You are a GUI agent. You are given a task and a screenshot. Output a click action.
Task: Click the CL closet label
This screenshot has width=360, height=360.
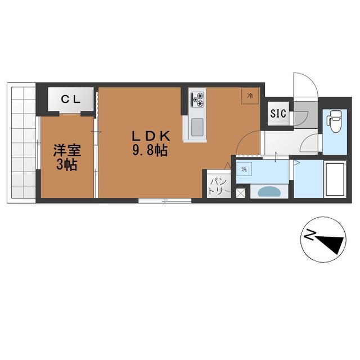[70, 100]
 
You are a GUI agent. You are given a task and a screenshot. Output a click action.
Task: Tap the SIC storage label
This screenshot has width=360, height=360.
[278, 114]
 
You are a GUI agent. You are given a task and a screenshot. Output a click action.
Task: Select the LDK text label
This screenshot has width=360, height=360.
[151, 136]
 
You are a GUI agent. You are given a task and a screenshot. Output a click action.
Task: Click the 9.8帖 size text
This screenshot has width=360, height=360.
[150, 150]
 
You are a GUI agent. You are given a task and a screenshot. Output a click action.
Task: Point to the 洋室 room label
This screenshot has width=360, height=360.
[67, 150]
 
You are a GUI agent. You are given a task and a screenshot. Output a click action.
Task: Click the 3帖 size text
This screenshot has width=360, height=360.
[66, 164]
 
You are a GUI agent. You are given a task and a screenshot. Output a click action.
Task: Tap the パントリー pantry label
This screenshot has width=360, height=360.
[219, 186]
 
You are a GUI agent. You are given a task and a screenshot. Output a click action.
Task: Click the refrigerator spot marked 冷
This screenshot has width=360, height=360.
[250, 96]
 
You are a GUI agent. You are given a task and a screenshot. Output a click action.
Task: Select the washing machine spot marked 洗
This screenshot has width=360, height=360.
[244, 169]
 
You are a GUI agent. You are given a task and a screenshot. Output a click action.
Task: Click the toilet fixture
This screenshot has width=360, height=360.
[335, 121]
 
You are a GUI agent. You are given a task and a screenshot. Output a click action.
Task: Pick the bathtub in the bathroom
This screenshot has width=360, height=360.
[335, 179]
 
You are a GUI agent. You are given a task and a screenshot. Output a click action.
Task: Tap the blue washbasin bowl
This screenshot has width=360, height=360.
[269, 191]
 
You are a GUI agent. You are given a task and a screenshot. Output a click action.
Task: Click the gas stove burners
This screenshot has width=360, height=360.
[197, 100]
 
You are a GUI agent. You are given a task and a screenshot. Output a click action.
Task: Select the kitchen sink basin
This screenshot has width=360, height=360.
[197, 127]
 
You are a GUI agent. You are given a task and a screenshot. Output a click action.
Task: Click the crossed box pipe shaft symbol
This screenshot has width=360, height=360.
[241, 193]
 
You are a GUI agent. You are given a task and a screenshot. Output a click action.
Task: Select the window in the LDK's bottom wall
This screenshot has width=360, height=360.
[165, 201]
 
